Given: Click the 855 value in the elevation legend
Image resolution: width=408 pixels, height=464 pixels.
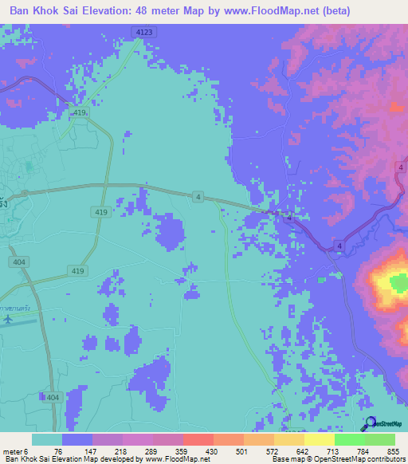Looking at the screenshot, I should pos(394,451).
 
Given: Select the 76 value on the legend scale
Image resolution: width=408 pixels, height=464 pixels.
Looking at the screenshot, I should pos(58,451).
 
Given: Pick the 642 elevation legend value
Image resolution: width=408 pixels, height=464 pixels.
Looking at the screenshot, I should pos(302,451).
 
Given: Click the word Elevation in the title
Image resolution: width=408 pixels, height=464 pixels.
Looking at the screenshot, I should pos(120,11).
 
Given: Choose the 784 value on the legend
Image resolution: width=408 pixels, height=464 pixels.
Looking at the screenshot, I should pos(363,451).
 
